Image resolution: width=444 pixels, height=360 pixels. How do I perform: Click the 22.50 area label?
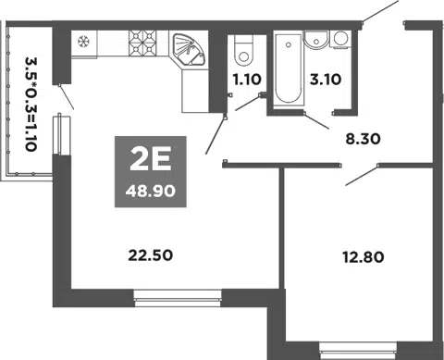click(151, 255)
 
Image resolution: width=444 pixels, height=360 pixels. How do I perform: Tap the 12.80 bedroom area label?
click(364, 257)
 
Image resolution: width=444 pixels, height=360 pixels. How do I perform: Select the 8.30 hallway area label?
click(364, 139)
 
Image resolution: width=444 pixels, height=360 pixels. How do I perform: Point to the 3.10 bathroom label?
click(326, 80)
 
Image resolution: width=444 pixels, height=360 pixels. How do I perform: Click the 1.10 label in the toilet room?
click(247, 80)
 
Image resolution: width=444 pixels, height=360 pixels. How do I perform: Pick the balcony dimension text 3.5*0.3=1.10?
click(31, 104)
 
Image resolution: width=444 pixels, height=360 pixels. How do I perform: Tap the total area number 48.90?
click(151, 192)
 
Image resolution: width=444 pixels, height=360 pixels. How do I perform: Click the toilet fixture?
click(243, 50)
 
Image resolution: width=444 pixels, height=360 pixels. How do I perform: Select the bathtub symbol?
click(289, 68)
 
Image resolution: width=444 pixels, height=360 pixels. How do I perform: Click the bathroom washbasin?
click(316, 40)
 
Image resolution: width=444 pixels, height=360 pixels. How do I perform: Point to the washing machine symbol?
click(341, 39)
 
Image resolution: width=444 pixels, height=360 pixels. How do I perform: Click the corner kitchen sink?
click(188, 49)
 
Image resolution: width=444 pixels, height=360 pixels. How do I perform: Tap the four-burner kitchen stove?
click(143, 43)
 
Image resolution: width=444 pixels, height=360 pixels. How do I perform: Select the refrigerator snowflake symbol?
click(83, 41)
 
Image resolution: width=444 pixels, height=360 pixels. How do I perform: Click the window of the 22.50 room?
click(178, 298)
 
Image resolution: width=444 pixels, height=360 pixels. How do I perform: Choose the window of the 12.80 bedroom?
click(358, 351)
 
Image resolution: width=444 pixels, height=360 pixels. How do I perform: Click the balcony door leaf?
click(67, 97)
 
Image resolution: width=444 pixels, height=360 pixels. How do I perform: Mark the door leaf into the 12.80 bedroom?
click(362, 176)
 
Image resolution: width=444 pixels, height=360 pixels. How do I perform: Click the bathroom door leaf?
click(316, 120)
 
